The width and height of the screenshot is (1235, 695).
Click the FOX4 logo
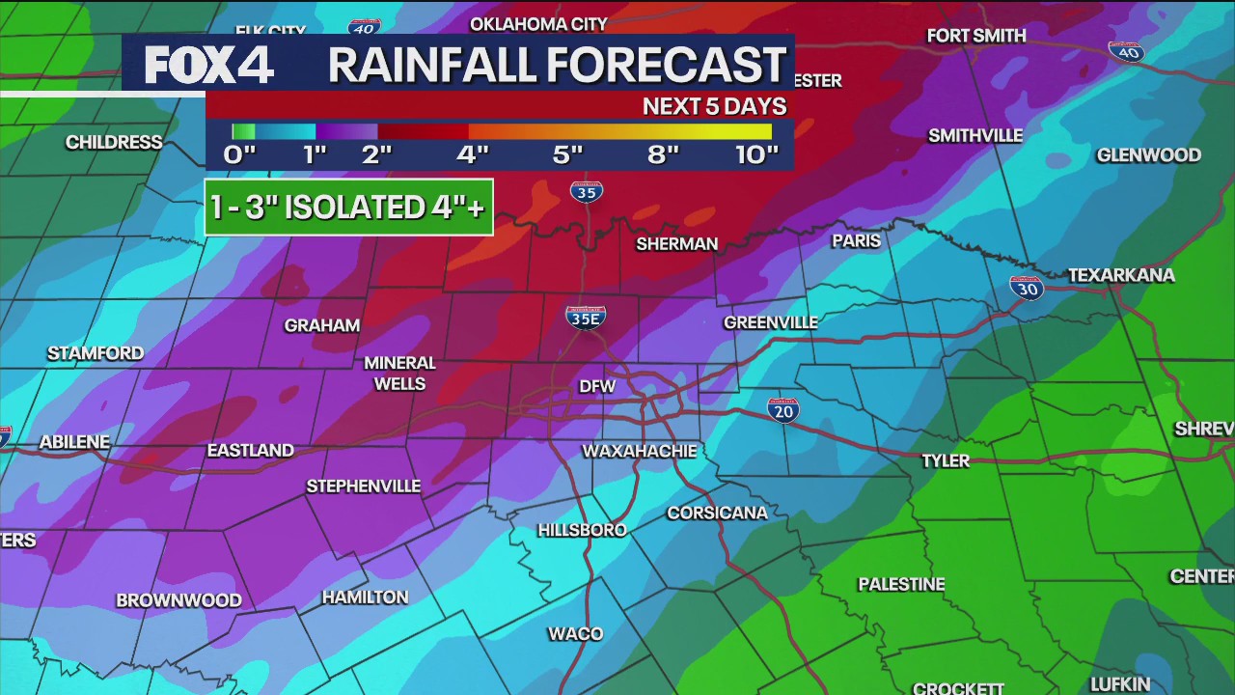(208, 65)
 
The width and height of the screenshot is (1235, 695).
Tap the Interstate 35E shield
(586, 317)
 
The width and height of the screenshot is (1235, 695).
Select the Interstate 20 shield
(783, 410)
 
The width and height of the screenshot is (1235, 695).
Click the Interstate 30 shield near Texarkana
(1027, 287)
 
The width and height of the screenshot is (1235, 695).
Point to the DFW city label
(598, 386)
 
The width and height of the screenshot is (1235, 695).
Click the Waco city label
(575, 634)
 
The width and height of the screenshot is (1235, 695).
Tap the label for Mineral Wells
(399, 374)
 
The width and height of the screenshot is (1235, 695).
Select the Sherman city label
(676, 244)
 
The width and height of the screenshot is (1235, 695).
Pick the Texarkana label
(1121, 276)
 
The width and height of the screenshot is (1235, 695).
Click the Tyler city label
(945, 460)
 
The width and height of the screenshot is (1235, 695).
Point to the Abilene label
(74, 442)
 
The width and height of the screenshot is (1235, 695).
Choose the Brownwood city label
(178, 600)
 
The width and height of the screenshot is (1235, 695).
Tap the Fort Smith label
(975, 36)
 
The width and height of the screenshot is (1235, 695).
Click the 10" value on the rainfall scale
(756, 155)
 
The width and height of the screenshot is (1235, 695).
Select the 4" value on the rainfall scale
(472, 155)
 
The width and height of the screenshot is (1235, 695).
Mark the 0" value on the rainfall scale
(239, 155)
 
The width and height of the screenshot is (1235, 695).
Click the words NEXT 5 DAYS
(714, 107)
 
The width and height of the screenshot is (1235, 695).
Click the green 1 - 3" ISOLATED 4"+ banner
(348, 208)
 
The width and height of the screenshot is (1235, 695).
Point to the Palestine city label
(901, 584)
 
